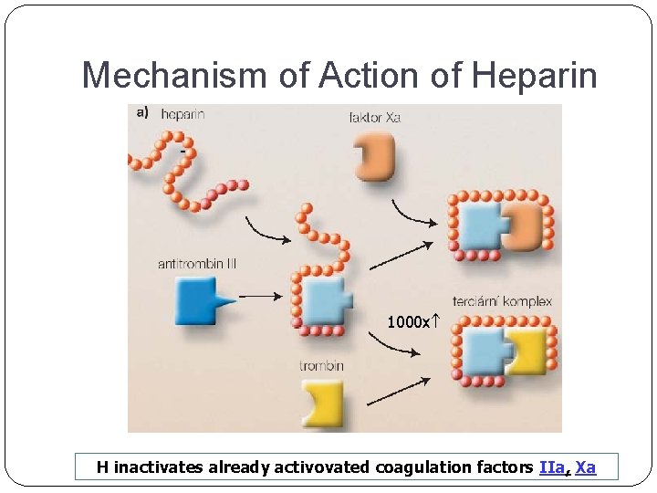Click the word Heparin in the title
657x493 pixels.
coord(535,76)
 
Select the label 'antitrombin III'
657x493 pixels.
coord(197,264)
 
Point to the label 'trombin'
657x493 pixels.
coord(321,366)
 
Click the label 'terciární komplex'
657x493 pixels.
coord(502,301)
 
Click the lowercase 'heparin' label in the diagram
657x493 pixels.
coord(182,114)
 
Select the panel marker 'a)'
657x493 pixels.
coord(142,113)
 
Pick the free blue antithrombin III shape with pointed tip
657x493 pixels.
coord(198,299)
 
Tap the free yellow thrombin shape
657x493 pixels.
coord(324,403)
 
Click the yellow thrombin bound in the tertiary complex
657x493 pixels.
coord(527,351)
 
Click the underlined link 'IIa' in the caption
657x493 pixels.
coord(552,467)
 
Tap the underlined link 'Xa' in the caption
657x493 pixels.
coord(586,467)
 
